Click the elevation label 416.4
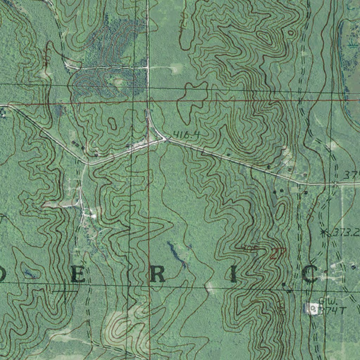(186, 134)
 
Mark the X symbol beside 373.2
(323, 232)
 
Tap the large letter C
(310, 275)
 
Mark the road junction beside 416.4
(166, 140)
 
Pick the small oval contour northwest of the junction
(112, 123)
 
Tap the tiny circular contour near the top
(291, 33)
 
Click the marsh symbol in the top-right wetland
(352, 44)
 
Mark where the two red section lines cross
(148, 102)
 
